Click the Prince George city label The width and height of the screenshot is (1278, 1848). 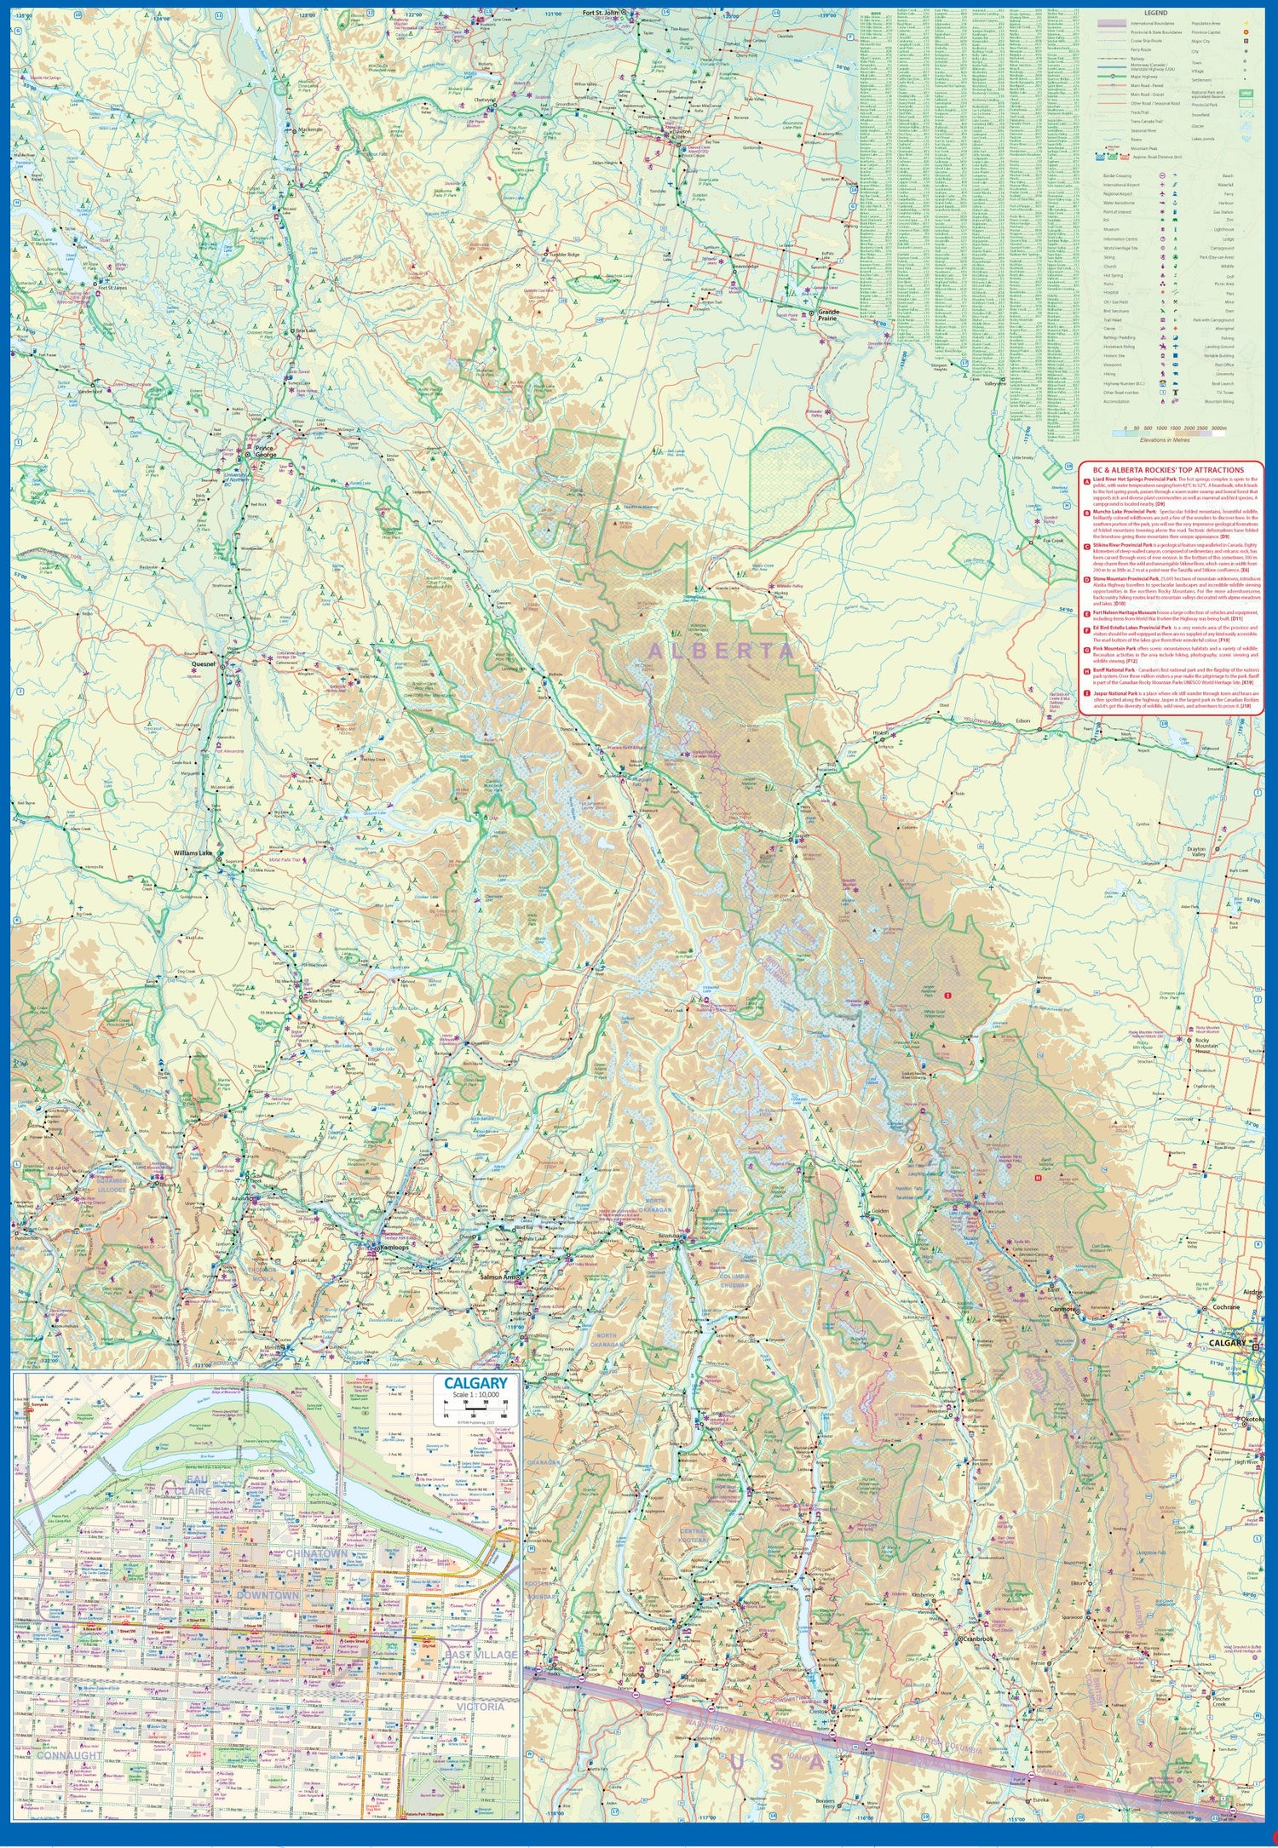[x=267, y=450]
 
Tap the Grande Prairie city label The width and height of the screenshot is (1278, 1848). [x=828, y=315]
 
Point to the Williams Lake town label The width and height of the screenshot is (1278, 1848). [x=195, y=852]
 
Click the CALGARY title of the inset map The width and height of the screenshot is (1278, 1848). [x=475, y=1384]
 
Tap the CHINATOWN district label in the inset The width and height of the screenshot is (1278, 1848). [x=317, y=1554]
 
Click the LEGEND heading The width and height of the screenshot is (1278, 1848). [x=1155, y=14]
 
